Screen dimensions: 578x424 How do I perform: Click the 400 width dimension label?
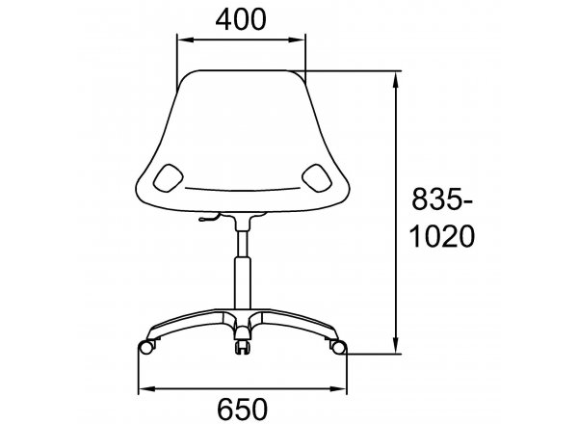tap(240, 19)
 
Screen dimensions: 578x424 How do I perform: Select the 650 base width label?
tap(242, 409)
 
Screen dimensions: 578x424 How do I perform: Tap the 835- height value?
tap(441, 199)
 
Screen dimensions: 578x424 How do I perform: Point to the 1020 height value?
tap(442, 236)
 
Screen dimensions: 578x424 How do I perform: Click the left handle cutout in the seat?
tap(168, 177)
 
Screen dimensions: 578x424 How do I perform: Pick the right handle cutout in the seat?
tap(316, 177)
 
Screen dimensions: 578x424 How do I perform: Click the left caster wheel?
tap(146, 347)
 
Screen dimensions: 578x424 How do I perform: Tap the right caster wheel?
tap(339, 347)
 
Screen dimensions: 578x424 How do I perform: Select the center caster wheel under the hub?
tap(242, 347)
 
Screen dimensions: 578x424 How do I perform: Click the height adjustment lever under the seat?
tap(209, 218)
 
